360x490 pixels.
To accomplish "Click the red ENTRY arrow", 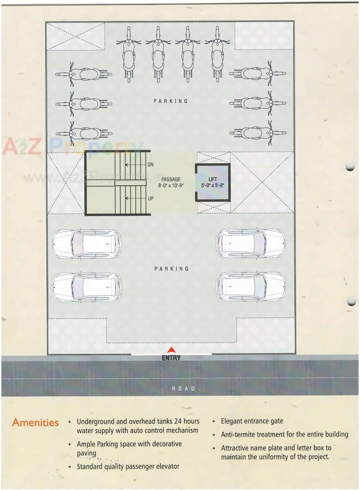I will [171, 350].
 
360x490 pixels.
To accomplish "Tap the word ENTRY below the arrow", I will [171, 358].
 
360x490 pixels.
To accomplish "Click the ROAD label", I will [184, 388].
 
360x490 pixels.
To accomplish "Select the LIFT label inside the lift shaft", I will [213, 179].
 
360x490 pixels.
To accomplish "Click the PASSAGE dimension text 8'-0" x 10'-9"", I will [171, 186].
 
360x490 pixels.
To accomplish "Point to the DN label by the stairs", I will [150, 164].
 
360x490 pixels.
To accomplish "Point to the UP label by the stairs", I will [151, 199].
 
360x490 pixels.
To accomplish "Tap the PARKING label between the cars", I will [171, 269].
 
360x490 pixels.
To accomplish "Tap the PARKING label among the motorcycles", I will [171, 101].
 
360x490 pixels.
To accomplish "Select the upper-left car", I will [87, 244].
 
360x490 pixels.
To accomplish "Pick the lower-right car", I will [251, 286].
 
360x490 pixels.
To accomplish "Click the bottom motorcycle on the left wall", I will [84, 133].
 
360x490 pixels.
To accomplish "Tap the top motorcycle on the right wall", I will [258, 74].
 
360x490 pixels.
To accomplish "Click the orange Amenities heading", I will [35, 422].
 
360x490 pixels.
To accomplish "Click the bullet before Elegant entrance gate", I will [214, 422].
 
